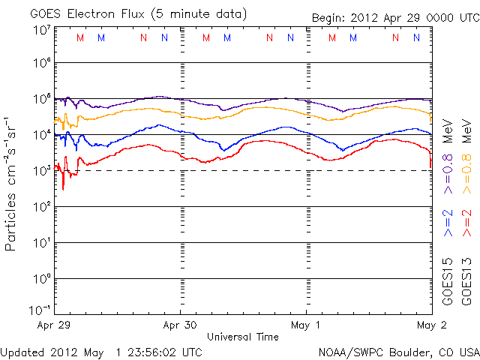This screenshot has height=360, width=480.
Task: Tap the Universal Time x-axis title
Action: pos(242,337)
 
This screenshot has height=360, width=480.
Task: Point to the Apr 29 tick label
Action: pos(55,326)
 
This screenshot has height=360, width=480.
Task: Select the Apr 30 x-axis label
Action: pos(181,326)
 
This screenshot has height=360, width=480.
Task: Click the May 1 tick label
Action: pos(306,326)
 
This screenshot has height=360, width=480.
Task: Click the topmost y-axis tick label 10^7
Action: pos(42,30)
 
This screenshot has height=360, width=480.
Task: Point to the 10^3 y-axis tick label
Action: pos(42,171)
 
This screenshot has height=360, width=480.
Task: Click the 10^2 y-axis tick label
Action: pos(42,207)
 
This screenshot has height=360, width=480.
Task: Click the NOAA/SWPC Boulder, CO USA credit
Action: pos(398,351)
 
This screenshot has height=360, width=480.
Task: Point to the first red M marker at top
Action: pos(81,37)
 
